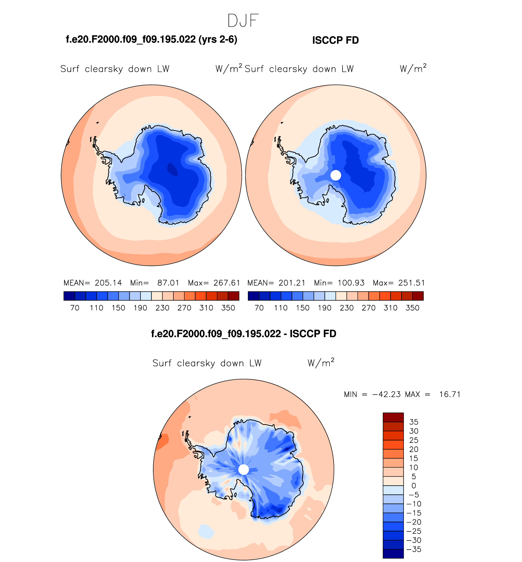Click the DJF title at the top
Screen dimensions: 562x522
[243, 21]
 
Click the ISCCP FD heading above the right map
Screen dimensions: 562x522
[335, 40]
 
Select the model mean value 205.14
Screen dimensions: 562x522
[108, 283]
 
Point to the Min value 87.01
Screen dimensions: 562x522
[168, 283]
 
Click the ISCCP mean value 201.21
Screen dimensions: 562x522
[292, 283]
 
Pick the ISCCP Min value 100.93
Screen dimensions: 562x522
[351, 283]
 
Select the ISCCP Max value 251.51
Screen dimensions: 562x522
[411, 283]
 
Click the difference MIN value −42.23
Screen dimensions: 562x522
[386, 394]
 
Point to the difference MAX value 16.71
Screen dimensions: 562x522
[450, 394]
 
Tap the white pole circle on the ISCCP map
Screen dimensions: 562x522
[335, 175]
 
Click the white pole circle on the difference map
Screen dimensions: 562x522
[243, 469]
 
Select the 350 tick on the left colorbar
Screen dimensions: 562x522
[228, 308]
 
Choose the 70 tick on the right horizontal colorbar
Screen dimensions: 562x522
[259, 308]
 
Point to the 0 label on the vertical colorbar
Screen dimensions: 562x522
[414, 486]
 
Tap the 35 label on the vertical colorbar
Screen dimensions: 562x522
[414, 422]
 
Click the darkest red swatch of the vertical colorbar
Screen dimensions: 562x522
[393, 417]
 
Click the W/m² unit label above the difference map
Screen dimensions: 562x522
[321, 363]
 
